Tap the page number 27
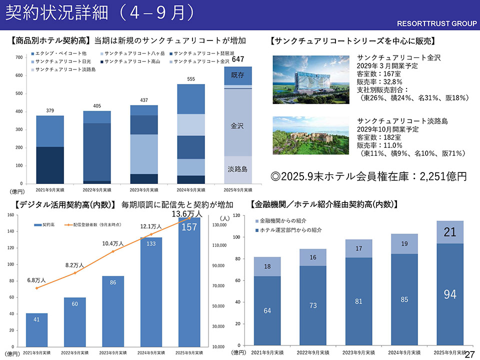point(470,354)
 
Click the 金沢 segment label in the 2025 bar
point(237,126)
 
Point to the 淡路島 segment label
point(237,169)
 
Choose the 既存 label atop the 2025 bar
point(237,75)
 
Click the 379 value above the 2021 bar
point(49,110)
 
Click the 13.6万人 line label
point(186,214)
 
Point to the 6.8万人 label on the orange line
point(36,280)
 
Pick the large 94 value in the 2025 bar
point(450,294)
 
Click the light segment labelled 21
point(450,232)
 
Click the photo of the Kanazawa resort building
point(311,77)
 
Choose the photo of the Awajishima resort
point(311,136)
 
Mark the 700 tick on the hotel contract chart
point(18,57)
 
